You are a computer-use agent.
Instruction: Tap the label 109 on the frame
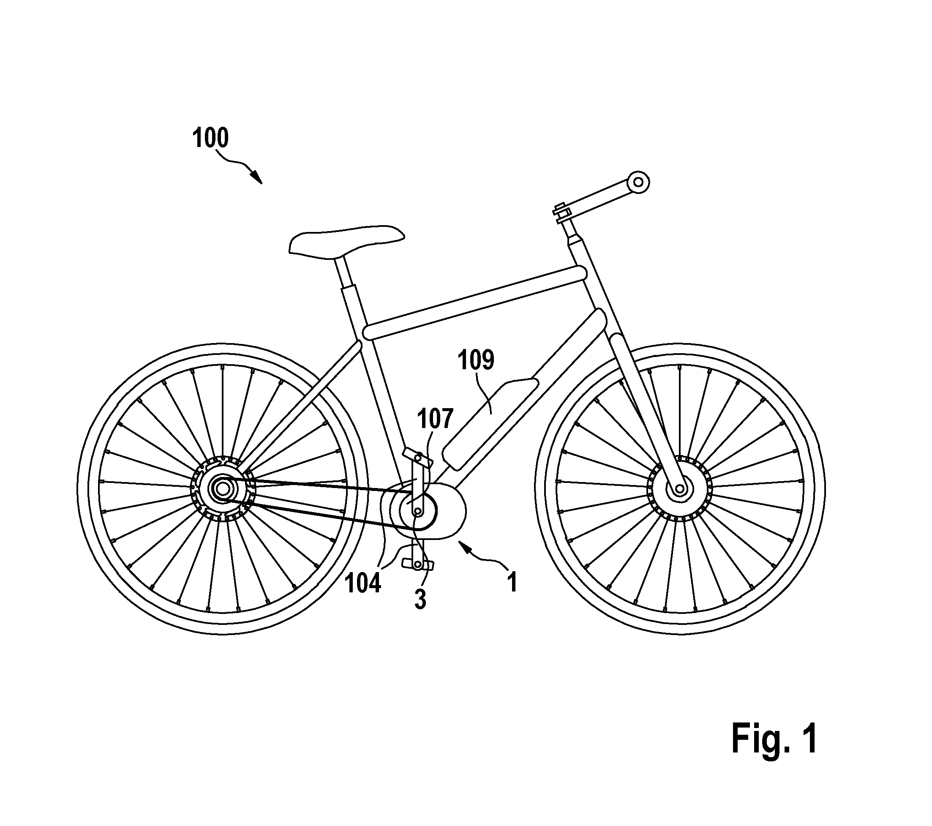(476, 360)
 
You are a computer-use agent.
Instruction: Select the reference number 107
(436, 419)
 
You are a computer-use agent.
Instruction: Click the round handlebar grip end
(638, 183)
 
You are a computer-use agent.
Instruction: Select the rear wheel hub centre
(223, 489)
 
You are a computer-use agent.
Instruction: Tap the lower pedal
(417, 564)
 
